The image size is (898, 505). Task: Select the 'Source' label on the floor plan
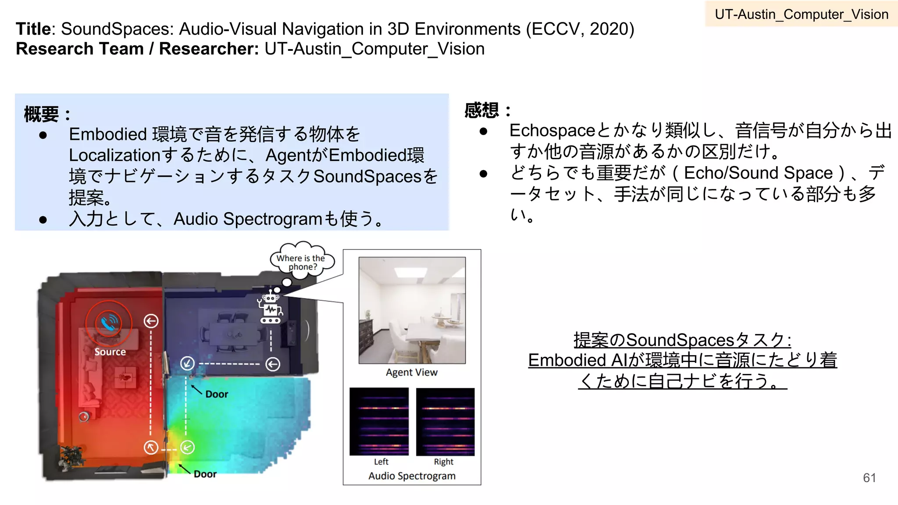[x=110, y=352]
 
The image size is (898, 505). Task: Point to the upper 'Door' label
[x=217, y=394]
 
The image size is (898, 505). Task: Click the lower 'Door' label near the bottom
[x=205, y=474]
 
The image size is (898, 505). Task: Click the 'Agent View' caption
[x=411, y=373]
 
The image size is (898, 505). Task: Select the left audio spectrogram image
[x=379, y=421]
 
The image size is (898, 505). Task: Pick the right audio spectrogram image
[x=445, y=421]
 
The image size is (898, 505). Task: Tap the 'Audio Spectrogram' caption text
[x=412, y=476]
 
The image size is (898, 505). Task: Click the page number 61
[x=869, y=478]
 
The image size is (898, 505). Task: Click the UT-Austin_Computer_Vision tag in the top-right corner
[x=801, y=14]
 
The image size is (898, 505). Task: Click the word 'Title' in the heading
[x=33, y=29]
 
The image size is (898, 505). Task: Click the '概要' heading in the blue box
[x=41, y=114]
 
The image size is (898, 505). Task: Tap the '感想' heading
[x=481, y=110]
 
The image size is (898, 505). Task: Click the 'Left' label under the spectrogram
[x=381, y=462]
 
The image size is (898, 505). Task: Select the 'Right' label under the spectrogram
[x=443, y=462]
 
